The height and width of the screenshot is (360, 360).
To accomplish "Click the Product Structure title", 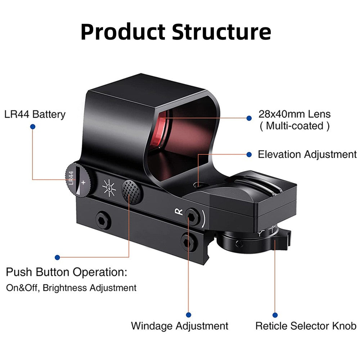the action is (x=176, y=32).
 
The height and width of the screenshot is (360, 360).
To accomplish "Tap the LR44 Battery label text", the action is (x=35, y=114).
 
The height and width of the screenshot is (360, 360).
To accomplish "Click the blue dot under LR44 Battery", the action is (x=33, y=127).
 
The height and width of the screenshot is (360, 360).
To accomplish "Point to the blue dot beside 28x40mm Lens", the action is (x=249, y=118).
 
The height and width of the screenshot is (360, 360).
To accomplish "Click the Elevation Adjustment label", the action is (x=307, y=154).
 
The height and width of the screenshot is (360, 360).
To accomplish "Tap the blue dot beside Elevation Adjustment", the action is (x=249, y=154).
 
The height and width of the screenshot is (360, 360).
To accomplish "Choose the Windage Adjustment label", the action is (x=180, y=326).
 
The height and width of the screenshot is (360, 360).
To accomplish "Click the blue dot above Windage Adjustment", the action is (x=189, y=315).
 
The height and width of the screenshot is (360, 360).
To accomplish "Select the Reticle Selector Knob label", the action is (x=306, y=326).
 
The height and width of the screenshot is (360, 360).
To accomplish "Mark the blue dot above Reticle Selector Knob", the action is (x=275, y=315).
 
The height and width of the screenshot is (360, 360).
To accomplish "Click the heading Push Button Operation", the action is (x=66, y=272).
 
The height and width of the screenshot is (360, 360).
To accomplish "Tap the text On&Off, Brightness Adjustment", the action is (x=71, y=288).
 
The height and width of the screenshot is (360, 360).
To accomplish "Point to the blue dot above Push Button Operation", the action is (x=57, y=257).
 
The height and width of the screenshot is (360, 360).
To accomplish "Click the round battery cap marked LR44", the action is (x=78, y=180).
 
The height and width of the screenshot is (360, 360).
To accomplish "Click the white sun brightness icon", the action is (x=109, y=188).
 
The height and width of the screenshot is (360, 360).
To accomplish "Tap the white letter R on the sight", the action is (x=179, y=212).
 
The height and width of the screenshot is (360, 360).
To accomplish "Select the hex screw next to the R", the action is (x=192, y=216).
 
